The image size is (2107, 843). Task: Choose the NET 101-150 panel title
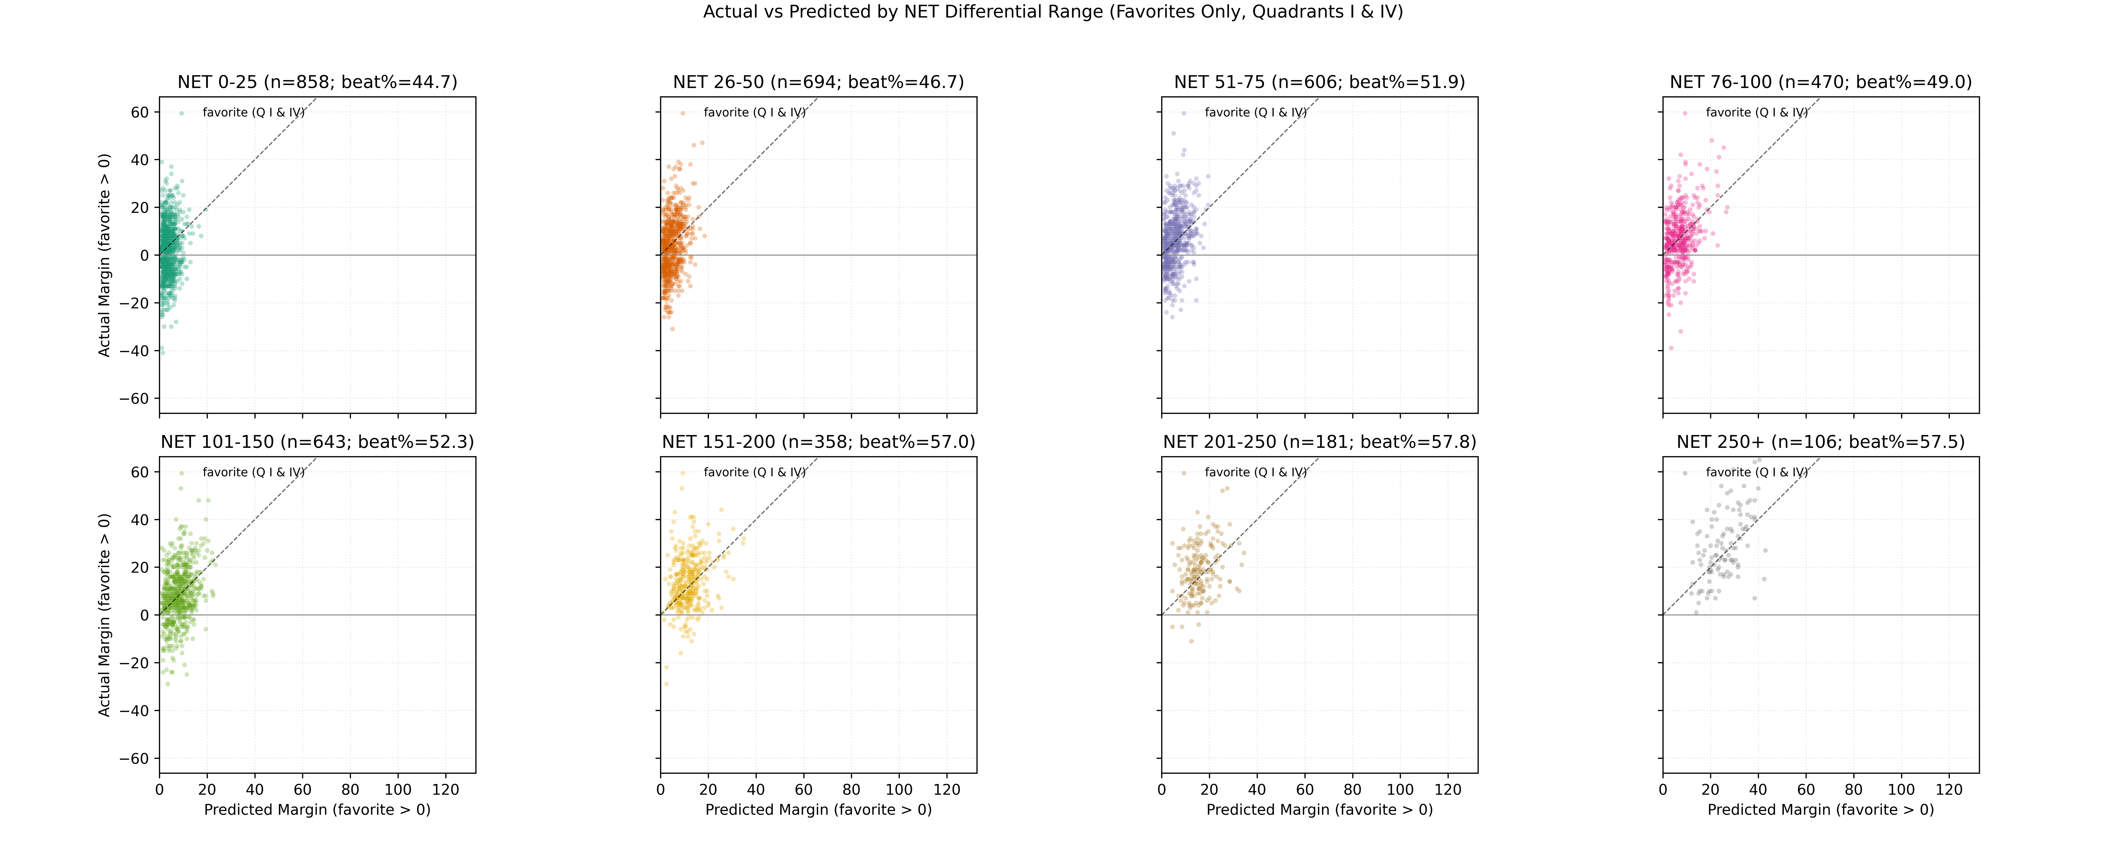coord(317,442)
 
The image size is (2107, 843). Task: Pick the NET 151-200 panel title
coord(818,442)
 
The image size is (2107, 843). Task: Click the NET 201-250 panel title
coord(1319,442)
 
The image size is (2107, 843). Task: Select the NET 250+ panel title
coord(1821,442)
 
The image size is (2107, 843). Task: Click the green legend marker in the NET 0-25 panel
coord(182,113)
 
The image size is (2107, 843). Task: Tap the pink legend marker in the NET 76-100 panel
coord(1685,113)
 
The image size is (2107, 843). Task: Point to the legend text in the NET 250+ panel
coord(1757,472)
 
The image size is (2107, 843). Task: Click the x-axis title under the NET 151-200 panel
coord(818,809)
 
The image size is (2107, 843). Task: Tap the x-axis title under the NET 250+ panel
coord(1821,809)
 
